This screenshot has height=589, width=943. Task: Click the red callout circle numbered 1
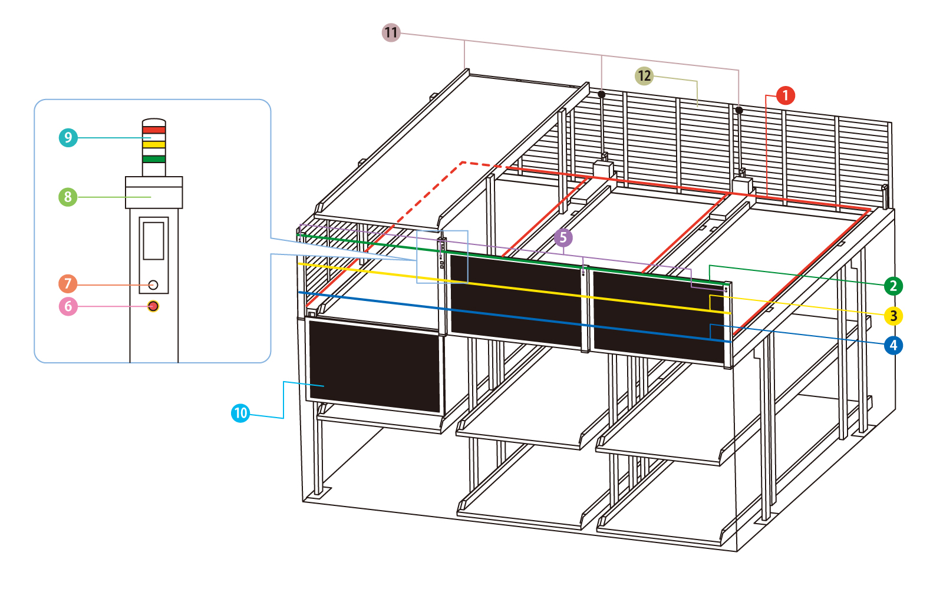(785, 95)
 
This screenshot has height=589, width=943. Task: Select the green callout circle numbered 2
(893, 286)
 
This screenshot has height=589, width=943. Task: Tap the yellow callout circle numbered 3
(893, 316)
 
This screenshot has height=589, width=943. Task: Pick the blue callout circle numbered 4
(893, 345)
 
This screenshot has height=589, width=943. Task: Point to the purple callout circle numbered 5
(563, 238)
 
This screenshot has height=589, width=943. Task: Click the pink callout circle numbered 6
(68, 306)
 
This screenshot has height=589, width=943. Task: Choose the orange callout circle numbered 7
(68, 284)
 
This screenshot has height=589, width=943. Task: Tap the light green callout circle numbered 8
(68, 197)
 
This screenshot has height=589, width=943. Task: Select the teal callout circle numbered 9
(68, 138)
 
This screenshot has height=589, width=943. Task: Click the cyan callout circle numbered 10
(240, 413)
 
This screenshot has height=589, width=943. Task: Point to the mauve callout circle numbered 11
(391, 32)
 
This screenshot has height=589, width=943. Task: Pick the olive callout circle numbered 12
(644, 76)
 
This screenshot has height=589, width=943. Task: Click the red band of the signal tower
(154, 130)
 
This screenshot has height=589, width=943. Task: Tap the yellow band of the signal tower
(154, 144)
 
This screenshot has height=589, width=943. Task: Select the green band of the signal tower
(154, 159)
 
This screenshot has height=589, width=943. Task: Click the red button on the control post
(153, 306)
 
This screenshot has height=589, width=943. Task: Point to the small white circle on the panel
(153, 285)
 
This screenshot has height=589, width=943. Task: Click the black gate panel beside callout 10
(374, 366)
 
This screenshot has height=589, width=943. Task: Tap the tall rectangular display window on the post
(154, 241)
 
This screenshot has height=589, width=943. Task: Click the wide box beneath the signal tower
(154, 192)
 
